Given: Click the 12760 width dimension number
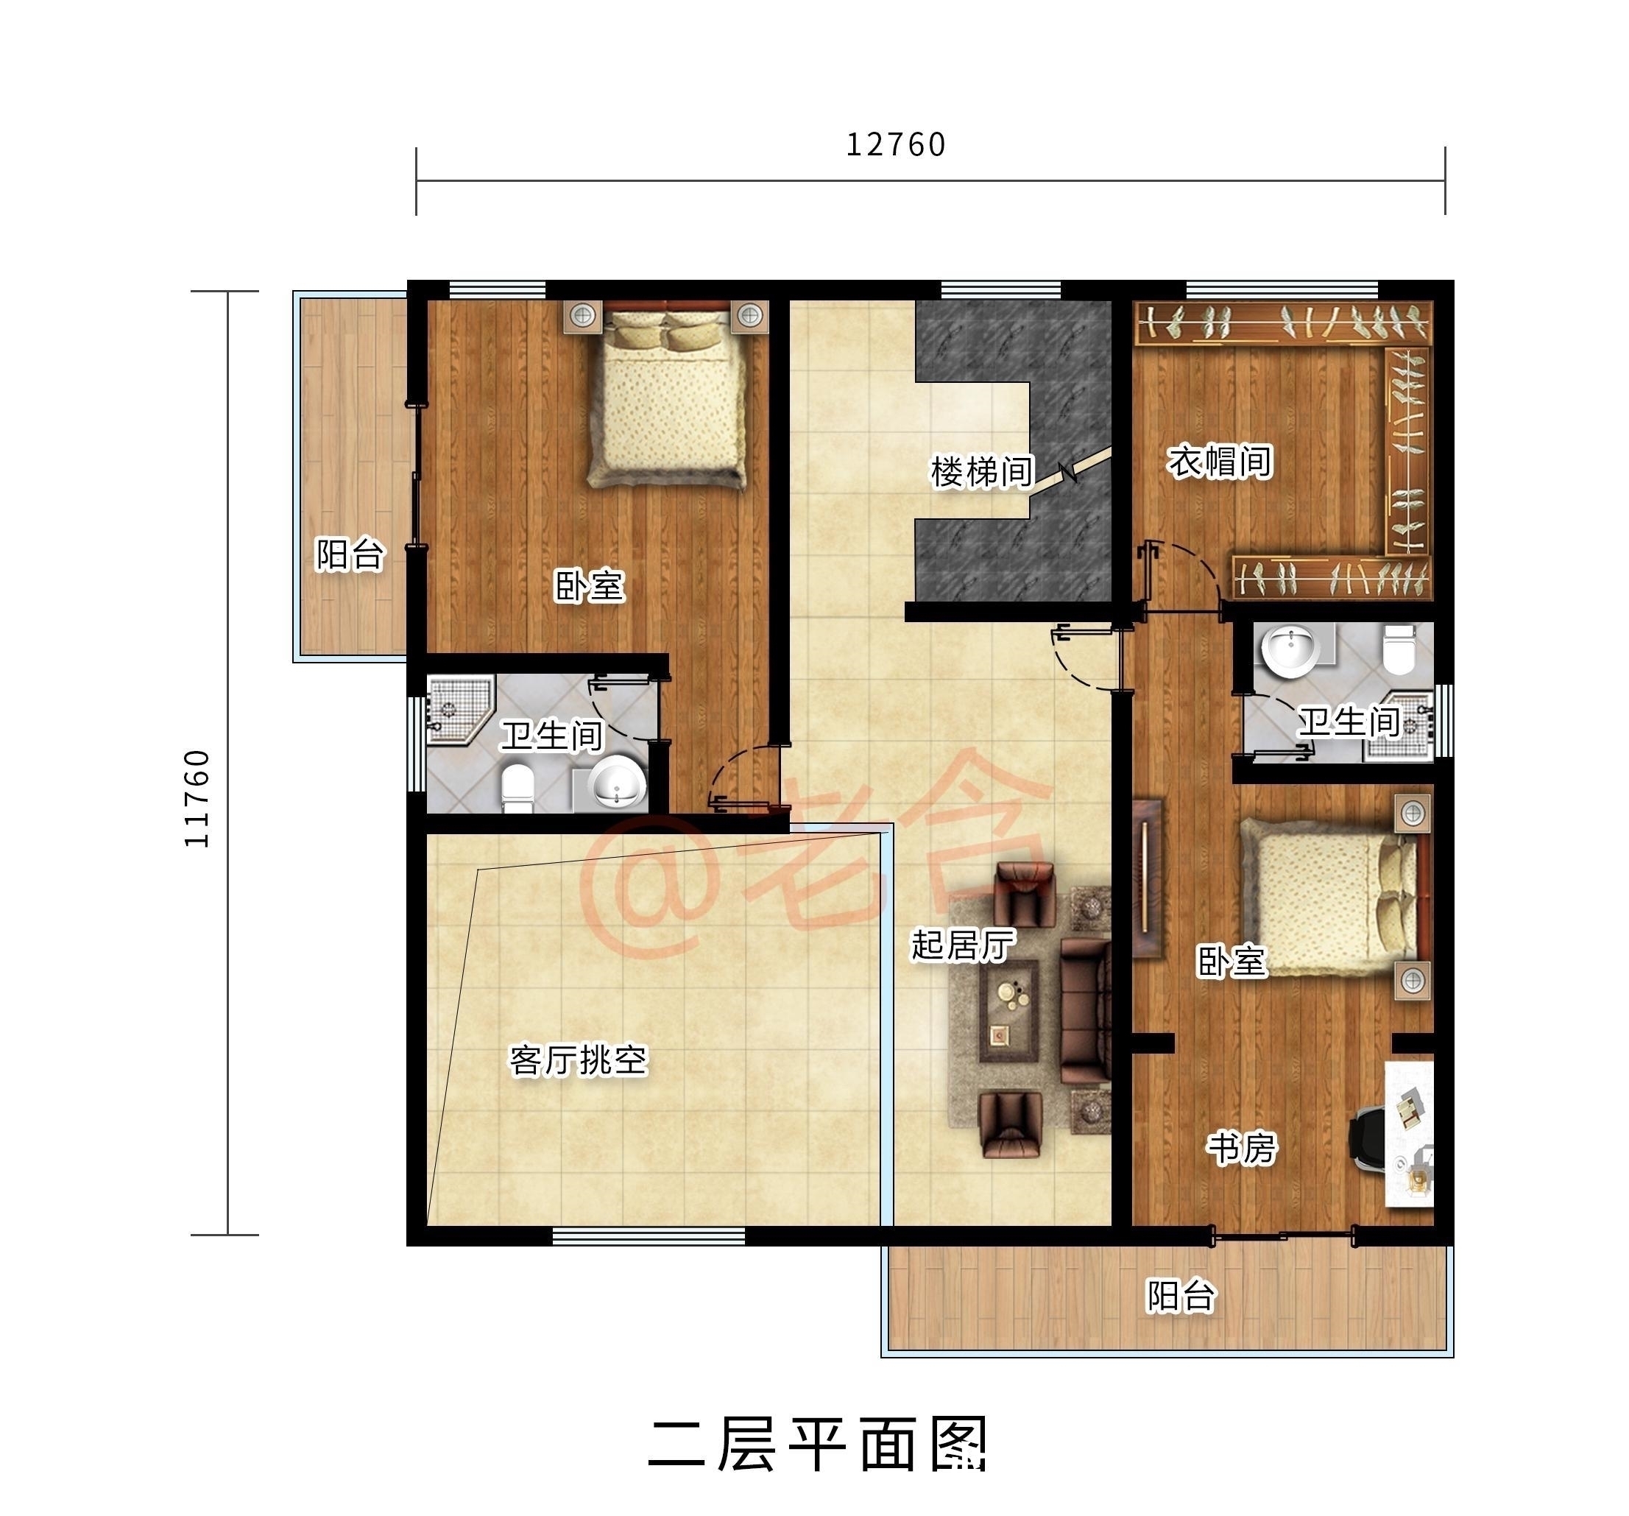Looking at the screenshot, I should pos(895,145).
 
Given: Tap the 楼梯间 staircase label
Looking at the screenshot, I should pos(982,473).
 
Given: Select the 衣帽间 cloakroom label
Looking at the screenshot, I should pos(1218,462).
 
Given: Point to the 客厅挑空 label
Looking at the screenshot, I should pos(579,1060).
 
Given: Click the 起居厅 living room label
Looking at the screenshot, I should pos(963,945).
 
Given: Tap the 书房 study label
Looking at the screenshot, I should pos(1241,1148).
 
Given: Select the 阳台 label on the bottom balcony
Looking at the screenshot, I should pos(1180,1296).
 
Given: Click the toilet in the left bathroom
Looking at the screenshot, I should pos(517,788).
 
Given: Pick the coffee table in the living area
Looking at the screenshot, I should pos(1009,1011).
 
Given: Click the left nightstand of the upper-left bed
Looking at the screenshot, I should pos(582,315).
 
